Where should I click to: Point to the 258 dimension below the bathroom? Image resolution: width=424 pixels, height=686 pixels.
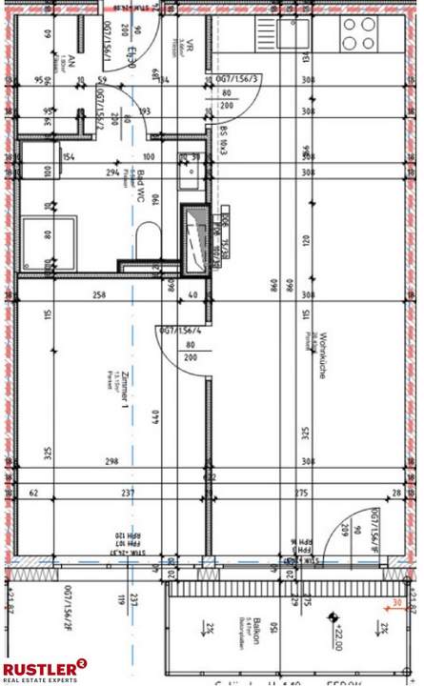click(99, 296)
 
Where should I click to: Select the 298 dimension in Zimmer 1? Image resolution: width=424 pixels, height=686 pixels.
click(111, 461)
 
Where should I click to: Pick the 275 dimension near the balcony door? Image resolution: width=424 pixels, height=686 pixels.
click(301, 493)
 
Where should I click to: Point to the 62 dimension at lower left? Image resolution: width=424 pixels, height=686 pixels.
click(34, 493)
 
